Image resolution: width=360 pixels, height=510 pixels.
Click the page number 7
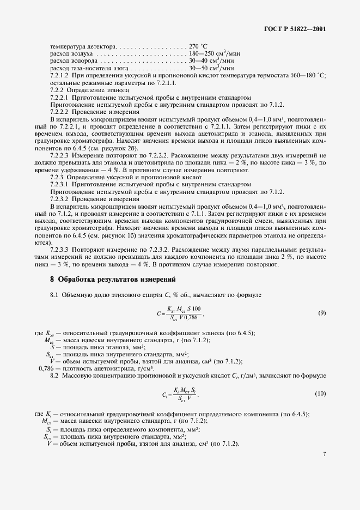[x=324, y=453]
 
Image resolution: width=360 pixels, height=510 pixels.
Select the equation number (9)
[x=322, y=313]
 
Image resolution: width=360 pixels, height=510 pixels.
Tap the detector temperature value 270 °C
[x=200, y=47]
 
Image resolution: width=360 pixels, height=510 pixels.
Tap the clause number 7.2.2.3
[x=60, y=155]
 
